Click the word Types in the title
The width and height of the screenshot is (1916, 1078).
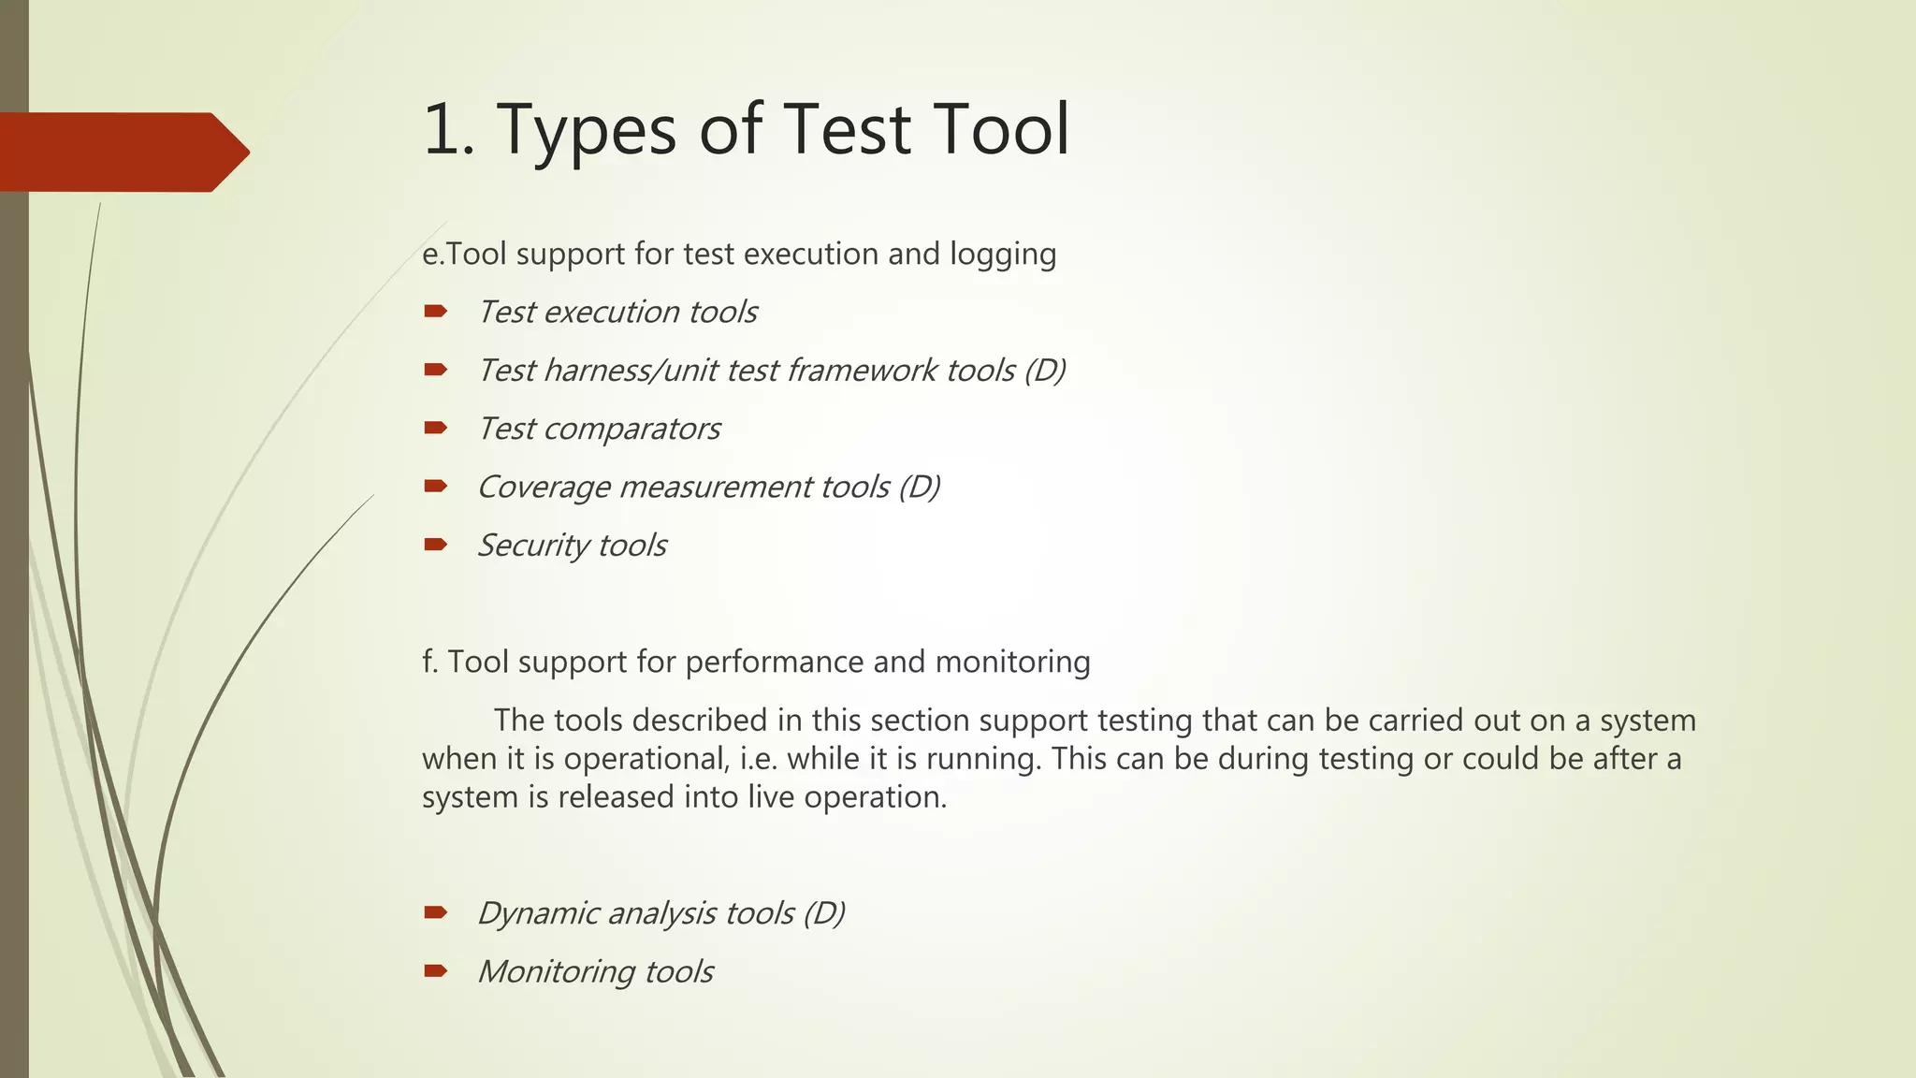[x=586, y=131]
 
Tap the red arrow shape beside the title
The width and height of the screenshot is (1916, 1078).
[x=122, y=153]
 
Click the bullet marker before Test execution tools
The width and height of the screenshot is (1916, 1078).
[x=435, y=312]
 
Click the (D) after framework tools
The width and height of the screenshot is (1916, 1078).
[x=1044, y=371]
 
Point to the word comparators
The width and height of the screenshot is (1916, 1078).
[x=631, y=430]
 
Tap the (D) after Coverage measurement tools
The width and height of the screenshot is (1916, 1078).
[x=919, y=488]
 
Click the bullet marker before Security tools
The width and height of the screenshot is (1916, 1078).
[x=435, y=545]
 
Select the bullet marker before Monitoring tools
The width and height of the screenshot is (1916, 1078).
[x=435, y=971]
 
